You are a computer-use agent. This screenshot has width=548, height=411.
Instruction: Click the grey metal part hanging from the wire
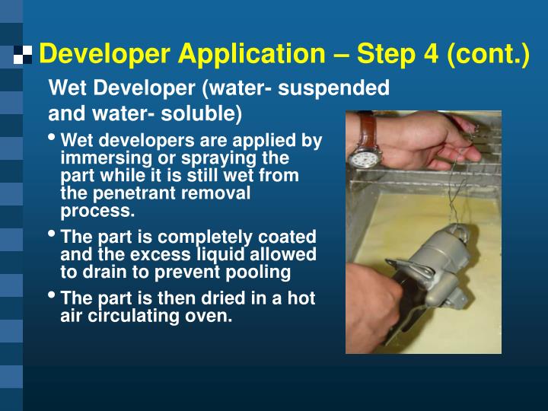pos(434,263)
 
